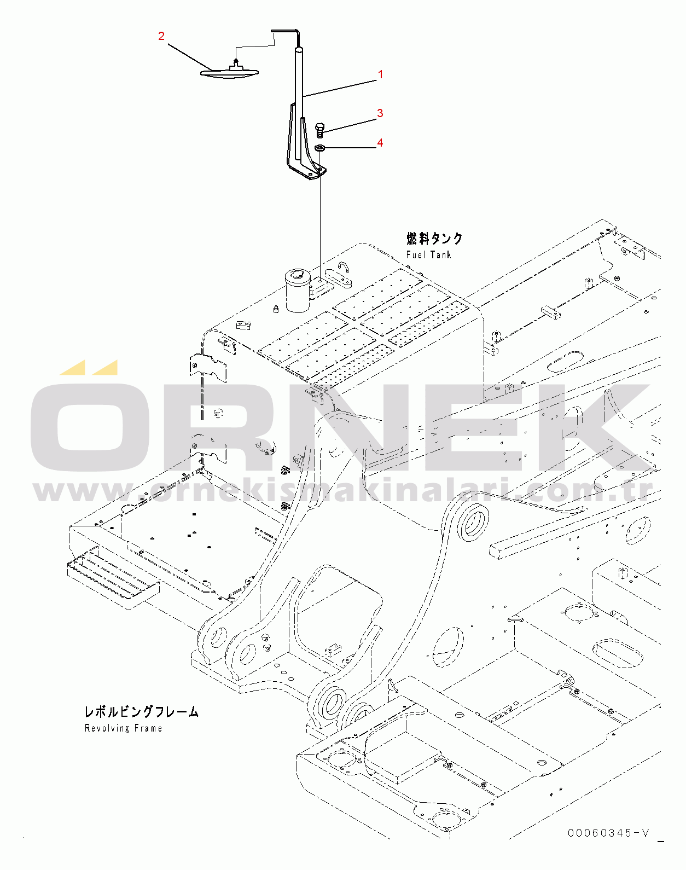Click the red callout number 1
coord(381,74)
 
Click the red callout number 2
coord(161,36)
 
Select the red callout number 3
coord(380,113)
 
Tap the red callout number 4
coord(380,143)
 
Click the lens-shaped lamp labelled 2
coord(230,71)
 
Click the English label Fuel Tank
coord(429,255)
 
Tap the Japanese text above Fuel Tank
coord(434,239)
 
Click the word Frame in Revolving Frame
coord(148,728)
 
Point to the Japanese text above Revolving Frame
coord(141,712)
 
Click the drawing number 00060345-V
coord(608,833)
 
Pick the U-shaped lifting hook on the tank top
coord(344,266)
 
